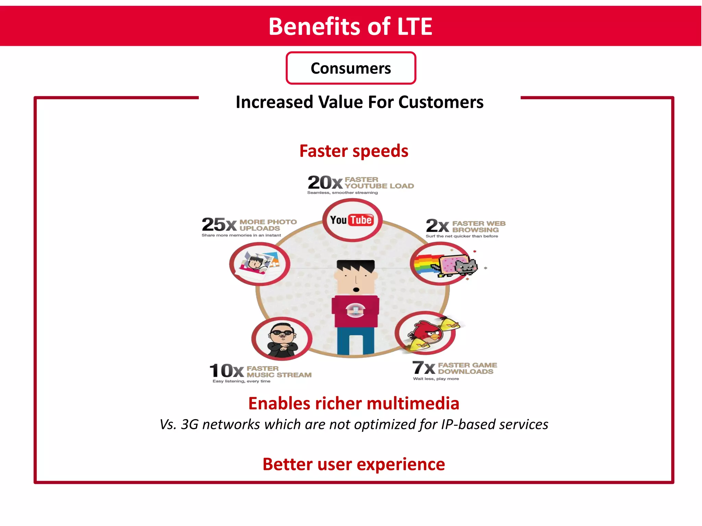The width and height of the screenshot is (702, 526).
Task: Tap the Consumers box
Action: point(351,68)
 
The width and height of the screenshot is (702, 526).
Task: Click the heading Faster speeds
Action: point(353,151)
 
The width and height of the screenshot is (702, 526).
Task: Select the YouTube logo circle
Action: point(352,220)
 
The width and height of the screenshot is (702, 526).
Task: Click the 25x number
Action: point(219,225)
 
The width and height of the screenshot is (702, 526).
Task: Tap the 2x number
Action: point(437,226)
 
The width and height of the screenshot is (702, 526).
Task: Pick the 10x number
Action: point(227,371)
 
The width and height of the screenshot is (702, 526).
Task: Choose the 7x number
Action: point(423,368)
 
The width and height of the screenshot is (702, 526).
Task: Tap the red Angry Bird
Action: point(428,332)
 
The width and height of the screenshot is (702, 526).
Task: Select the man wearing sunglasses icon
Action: point(282,339)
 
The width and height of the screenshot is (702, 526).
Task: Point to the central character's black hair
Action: point(355,266)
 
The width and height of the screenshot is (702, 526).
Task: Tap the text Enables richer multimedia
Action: point(353,403)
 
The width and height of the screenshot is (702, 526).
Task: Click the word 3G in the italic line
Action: point(190,425)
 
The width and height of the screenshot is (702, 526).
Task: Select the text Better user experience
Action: point(353,464)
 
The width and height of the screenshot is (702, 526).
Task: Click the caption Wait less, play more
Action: point(436,379)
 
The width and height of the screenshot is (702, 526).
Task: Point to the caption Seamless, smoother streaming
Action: point(342,193)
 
